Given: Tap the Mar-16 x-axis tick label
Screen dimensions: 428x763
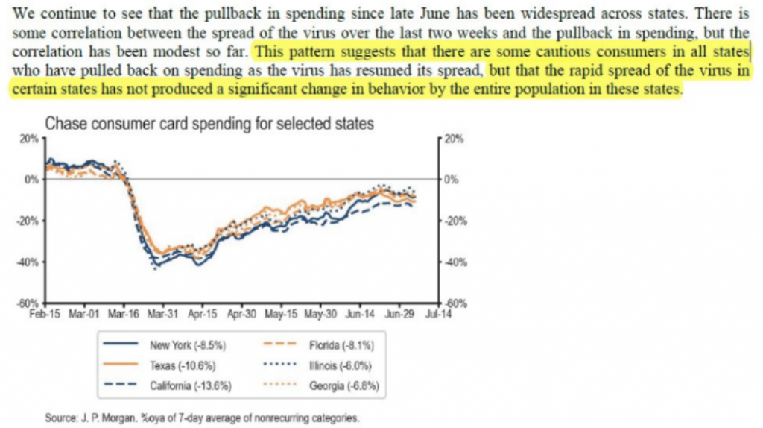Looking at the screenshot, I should click(124, 314).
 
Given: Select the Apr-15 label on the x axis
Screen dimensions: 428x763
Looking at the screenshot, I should click(202, 314).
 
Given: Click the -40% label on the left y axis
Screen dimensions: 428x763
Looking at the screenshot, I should click(28, 262).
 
